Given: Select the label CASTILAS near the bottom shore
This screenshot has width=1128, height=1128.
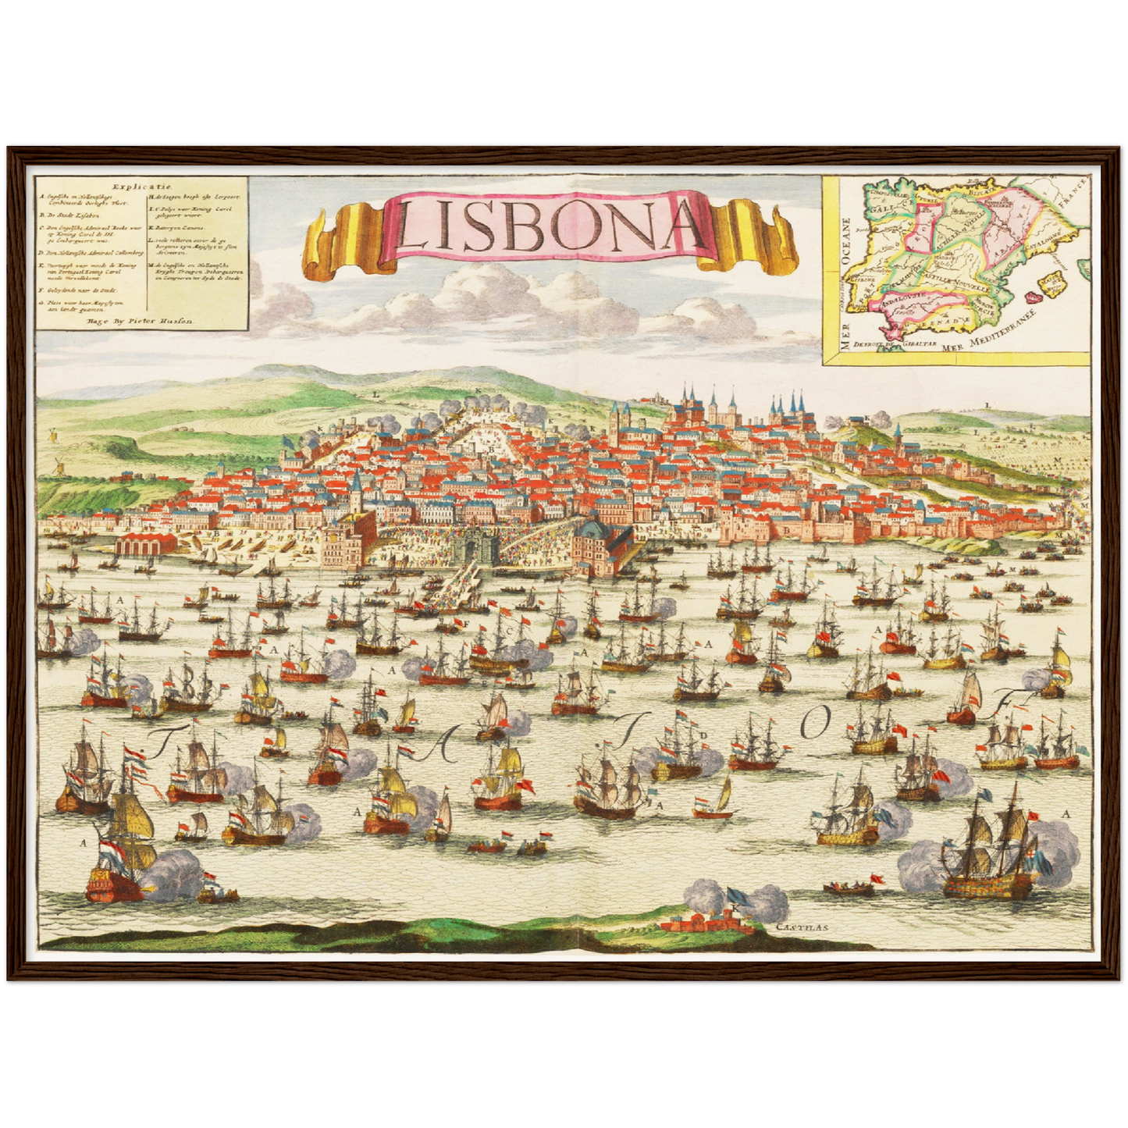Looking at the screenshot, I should (802, 928).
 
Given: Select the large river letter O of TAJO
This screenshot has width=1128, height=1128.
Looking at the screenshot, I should (813, 725).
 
